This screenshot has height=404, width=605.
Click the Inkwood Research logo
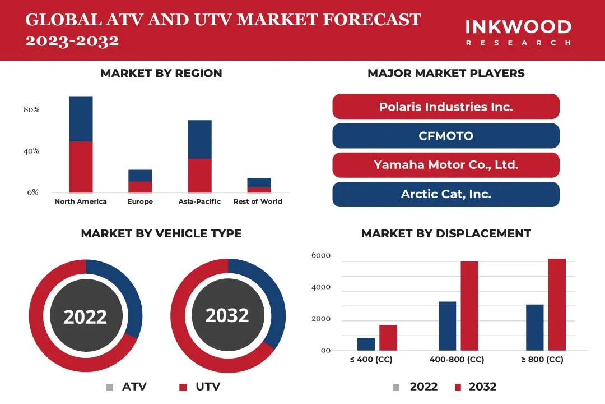[x=518, y=32]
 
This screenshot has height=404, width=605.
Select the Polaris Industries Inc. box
[x=446, y=107]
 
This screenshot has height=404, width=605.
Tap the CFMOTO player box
[x=446, y=136]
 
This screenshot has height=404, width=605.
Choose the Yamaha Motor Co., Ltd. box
[x=446, y=165]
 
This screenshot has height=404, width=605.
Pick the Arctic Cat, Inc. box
[x=446, y=194]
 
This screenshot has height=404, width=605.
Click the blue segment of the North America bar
[x=81, y=118]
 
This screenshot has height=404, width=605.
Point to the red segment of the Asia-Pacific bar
[x=199, y=176]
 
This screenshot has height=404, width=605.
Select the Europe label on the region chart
[x=140, y=201]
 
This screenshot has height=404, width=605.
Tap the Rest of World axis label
[x=258, y=201]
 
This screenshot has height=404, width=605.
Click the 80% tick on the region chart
[x=31, y=109]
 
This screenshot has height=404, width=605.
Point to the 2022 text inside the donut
[x=85, y=317]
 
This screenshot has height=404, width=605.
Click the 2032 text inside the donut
[x=227, y=315]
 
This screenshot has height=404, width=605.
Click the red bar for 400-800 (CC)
[x=469, y=306]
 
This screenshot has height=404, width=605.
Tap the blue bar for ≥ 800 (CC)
[x=534, y=328]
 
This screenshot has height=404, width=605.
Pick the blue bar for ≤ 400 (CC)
[x=366, y=344]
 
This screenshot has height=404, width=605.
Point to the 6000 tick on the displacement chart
[x=321, y=256]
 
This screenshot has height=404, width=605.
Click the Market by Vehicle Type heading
[x=161, y=233]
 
